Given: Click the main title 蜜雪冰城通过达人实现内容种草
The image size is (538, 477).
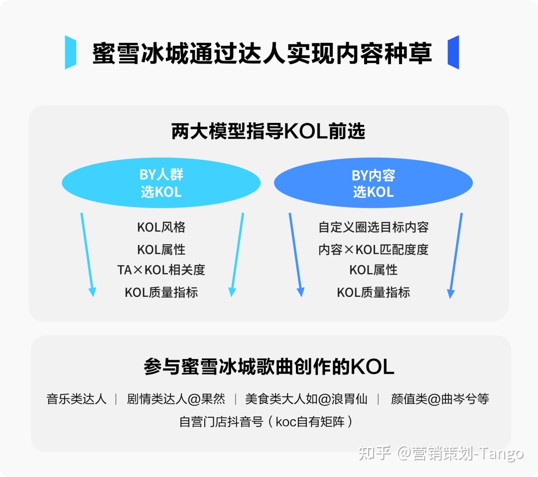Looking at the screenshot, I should tap(262, 53).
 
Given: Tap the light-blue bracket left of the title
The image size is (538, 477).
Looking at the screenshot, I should tap(70, 52).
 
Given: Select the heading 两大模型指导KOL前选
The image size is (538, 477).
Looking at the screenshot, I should tap(269, 132).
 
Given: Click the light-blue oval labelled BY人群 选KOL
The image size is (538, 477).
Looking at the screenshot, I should tap(161, 183).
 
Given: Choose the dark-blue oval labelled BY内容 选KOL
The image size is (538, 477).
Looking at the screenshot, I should tap(373, 183).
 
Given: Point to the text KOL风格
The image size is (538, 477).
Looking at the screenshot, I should tap(161, 227).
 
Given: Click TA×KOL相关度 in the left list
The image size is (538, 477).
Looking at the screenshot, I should tap(161, 270).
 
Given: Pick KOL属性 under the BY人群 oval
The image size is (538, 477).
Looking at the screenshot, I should tap(161, 249).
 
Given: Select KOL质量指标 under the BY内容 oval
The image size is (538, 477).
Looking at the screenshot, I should tap(373, 292).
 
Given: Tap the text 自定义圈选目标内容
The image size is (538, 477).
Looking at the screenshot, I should tap(373, 227).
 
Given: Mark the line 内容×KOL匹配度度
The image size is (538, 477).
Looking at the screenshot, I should tap(373, 249).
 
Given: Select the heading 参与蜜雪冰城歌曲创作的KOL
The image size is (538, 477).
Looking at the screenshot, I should tap(269, 367).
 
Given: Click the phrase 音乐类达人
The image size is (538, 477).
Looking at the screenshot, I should tap(76, 399).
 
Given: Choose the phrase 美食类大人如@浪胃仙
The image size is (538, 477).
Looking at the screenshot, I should tap(306, 399).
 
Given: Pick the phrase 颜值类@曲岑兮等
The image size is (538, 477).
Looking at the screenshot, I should tap(440, 399).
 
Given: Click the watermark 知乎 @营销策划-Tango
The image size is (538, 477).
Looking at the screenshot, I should tap(441, 453).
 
